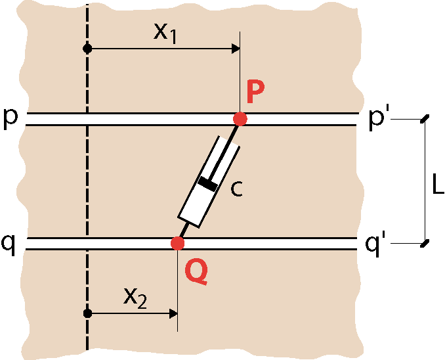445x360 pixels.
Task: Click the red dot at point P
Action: (240, 119)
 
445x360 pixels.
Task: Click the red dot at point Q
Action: (178, 243)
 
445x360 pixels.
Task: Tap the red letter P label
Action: (255, 91)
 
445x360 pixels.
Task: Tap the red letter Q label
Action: (196, 272)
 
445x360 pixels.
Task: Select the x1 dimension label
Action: (165, 34)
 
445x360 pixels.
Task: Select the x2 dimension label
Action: (135, 298)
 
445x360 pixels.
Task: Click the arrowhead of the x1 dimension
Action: (236, 49)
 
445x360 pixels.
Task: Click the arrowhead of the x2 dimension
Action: (173, 314)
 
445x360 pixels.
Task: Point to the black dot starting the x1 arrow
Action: (87, 49)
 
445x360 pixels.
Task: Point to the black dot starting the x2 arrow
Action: (87, 313)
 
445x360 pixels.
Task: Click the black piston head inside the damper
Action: (208, 183)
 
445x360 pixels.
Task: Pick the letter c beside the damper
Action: (236, 189)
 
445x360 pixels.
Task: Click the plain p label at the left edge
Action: (10, 120)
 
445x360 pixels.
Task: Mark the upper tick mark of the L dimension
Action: (425, 119)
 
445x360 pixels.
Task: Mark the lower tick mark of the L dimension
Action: (425, 243)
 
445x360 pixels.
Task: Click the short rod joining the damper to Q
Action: (184, 231)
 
